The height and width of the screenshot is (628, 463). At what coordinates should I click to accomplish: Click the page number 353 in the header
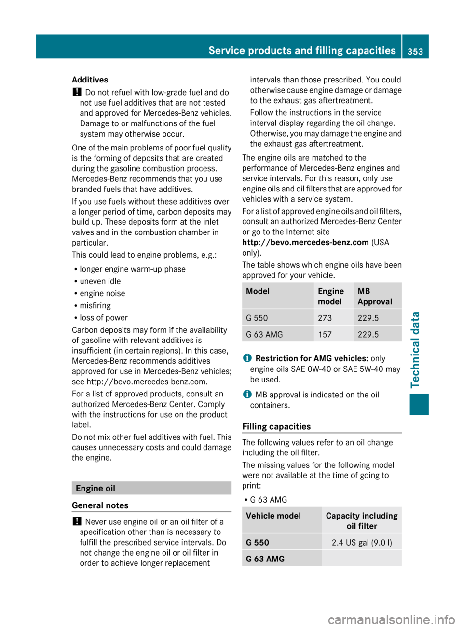tap(415, 51)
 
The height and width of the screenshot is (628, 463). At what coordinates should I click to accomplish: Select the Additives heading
tap(90, 80)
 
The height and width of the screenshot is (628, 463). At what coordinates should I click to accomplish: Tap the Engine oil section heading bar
tap(151, 488)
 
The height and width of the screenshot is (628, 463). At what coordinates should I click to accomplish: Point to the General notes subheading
tap(100, 505)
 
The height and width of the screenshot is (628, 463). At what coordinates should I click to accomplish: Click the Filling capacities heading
tap(276, 426)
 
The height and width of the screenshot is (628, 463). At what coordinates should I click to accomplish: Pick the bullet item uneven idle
tap(100, 281)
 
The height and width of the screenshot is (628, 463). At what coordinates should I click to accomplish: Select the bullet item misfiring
tap(95, 305)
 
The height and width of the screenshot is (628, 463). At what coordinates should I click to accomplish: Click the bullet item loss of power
tap(104, 318)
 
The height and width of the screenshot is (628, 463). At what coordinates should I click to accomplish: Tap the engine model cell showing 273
tap(325, 318)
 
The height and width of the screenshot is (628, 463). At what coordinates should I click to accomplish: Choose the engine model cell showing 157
tap(325, 334)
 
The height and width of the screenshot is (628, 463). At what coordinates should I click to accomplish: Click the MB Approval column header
tap(375, 296)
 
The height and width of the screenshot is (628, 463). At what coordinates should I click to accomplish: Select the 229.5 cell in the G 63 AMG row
tap(368, 334)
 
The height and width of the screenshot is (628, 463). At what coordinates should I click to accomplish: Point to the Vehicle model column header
tap(273, 516)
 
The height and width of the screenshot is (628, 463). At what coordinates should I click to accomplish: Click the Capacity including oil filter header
tap(362, 521)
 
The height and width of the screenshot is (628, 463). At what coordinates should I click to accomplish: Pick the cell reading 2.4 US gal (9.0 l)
tap(362, 543)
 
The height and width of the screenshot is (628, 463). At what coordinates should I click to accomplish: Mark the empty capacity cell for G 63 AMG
tap(362, 559)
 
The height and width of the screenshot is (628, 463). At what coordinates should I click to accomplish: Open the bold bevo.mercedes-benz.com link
tap(305, 242)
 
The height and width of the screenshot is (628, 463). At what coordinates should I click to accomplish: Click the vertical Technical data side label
tap(415, 349)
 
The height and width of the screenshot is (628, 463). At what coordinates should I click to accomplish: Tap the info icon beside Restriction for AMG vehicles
tap(247, 358)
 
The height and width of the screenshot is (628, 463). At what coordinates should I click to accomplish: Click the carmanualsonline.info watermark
tap(391, 619)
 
